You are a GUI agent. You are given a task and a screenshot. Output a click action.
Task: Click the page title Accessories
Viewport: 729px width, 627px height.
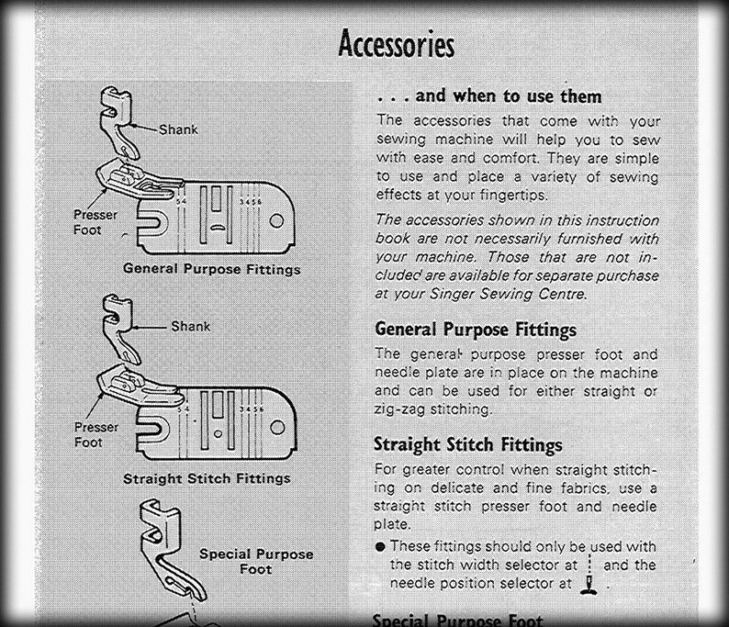[396, 43]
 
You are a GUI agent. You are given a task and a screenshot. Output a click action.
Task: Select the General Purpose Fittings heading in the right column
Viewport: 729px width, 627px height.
[476, 330]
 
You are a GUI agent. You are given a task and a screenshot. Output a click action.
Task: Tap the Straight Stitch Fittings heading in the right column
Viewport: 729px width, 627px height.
[467, 444]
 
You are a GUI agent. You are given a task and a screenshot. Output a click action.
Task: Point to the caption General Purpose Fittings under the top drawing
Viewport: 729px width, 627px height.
[211, 269]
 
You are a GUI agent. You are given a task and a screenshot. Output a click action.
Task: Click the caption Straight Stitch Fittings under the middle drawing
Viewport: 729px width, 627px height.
[207, 478]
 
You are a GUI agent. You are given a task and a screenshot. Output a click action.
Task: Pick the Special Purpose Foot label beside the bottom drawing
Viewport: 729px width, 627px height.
[256, 561]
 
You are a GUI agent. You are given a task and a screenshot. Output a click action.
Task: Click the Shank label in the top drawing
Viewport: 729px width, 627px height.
[178, 129]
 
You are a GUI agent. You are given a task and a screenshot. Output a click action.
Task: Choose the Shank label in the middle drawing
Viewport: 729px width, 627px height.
[190, 326]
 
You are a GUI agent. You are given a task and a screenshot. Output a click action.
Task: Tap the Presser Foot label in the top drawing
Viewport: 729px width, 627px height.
[95, 221]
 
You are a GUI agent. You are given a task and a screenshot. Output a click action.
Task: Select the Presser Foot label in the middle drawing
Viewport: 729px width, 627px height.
[96, 434]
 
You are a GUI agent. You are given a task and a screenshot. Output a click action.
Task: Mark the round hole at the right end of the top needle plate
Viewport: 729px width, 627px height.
[275, 221]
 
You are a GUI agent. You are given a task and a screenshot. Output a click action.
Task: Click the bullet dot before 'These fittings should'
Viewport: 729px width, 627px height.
[379, 546]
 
